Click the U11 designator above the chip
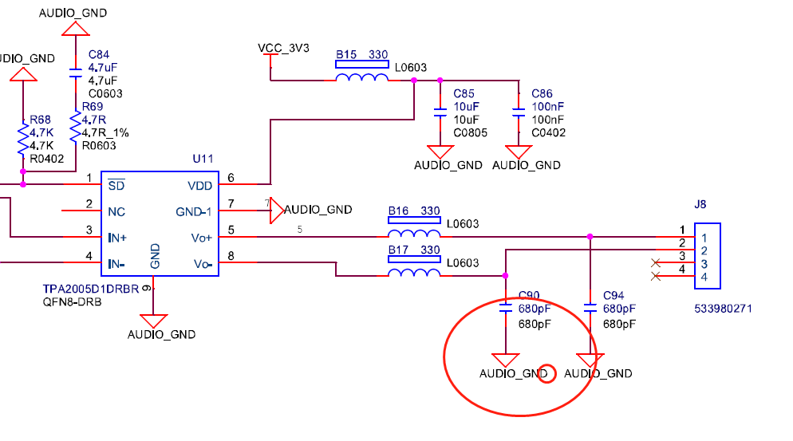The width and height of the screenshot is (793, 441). pyautogui.click(x=203, y=159)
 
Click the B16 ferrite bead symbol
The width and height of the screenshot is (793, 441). pyautogui.click(x=413, y=234)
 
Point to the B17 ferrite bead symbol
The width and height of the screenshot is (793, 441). pyautogui.click(x=413, y=274)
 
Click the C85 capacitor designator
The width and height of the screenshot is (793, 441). pyautogui.click(x=464, y=94)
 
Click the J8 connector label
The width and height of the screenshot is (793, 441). pyautogui.click(x=700, y=204)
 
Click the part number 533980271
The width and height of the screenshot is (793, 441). pyautogui.click(x=722, y=309)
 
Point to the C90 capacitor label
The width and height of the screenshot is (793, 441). pyautogui.click(x=530, y=295)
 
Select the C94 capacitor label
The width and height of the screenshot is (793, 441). pyautogui.click(x=613, y=295)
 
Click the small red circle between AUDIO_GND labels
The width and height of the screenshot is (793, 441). pyautogui.click(x=546, y=372)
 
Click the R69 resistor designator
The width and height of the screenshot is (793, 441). pyautogui.click(x=93, y=107)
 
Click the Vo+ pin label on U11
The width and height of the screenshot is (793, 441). pyautogui.click(x=203, y=238)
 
